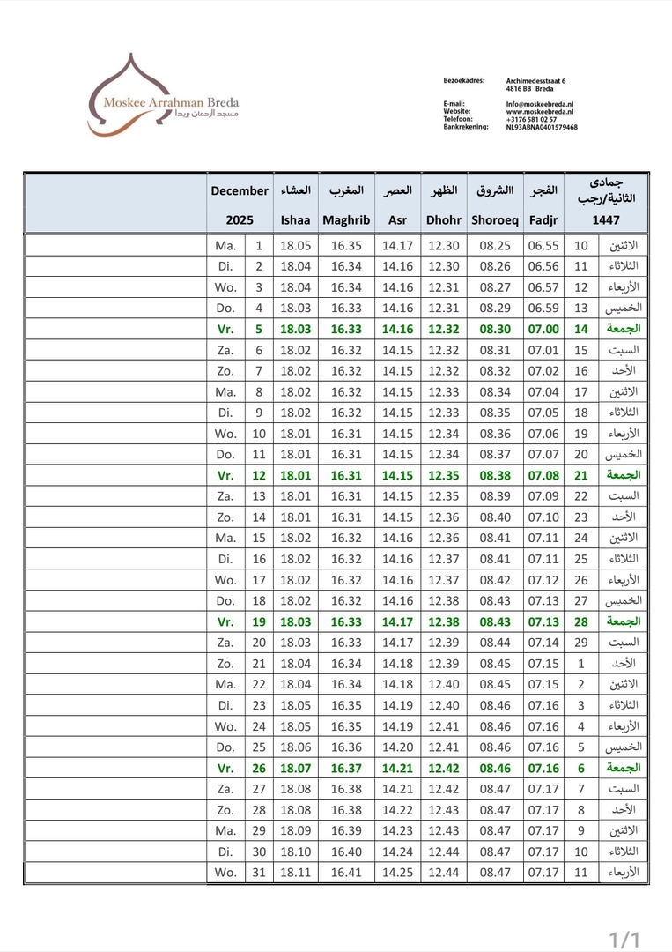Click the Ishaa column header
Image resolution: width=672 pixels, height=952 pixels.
[295, 220]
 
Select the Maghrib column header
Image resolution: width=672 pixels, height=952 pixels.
[346, 220]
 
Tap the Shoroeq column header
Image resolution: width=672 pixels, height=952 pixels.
[495, 220]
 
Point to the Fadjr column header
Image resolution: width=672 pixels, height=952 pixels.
[543, 220]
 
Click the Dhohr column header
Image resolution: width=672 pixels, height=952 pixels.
[444, 220]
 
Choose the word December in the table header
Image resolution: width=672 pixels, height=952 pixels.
[240, 190]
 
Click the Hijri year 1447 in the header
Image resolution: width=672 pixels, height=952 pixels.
[605, 220]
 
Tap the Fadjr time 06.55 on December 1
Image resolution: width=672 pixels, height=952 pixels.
[543, 245]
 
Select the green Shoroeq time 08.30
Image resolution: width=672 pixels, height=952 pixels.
[495, 329]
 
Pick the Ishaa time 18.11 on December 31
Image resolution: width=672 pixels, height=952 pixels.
[295, 873]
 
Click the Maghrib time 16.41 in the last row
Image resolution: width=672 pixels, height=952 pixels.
[346, 873]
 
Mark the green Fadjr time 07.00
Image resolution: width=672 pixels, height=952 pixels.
[543, 329]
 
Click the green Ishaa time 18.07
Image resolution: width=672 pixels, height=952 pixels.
[295, 768]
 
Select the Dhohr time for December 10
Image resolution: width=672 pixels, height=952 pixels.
[444, 433]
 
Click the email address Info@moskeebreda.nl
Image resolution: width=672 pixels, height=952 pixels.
[539, 104]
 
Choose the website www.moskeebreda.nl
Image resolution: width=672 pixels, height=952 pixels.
[540, 112]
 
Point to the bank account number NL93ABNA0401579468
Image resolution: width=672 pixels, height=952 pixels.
[542, 127]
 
